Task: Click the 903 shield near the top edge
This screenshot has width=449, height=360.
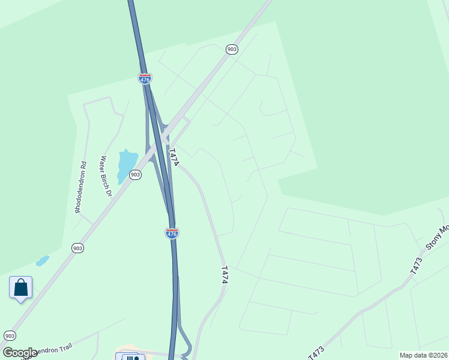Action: [x=232, y=49]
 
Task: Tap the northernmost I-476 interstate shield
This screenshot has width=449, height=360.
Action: [x=145, y=78]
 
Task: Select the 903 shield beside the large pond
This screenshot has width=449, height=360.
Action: [x=136, y=175]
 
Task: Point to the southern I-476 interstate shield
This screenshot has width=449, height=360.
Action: [x=172, y=233]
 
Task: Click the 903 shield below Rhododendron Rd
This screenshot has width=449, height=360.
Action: [x=77, y=248]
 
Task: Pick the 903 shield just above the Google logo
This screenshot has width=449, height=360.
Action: [x=10, y=335]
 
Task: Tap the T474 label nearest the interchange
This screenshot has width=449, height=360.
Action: [x=174, y=158]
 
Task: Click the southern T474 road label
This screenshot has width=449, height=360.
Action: [x=224, y=275]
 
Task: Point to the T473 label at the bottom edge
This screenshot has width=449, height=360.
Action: [x=316, y=353]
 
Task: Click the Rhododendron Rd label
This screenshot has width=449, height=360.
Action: [x=80, y=187]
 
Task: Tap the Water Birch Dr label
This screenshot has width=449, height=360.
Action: [x=106, y=176]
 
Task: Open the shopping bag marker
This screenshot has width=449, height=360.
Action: [x=21, y=287]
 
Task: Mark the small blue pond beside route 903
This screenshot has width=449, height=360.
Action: [x=42, y=261]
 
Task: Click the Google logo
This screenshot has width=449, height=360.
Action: [x=20, y=353]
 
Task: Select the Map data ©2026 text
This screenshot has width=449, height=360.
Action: [x=424, y=355]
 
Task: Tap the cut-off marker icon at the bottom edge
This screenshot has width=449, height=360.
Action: [x=133, y=357]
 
